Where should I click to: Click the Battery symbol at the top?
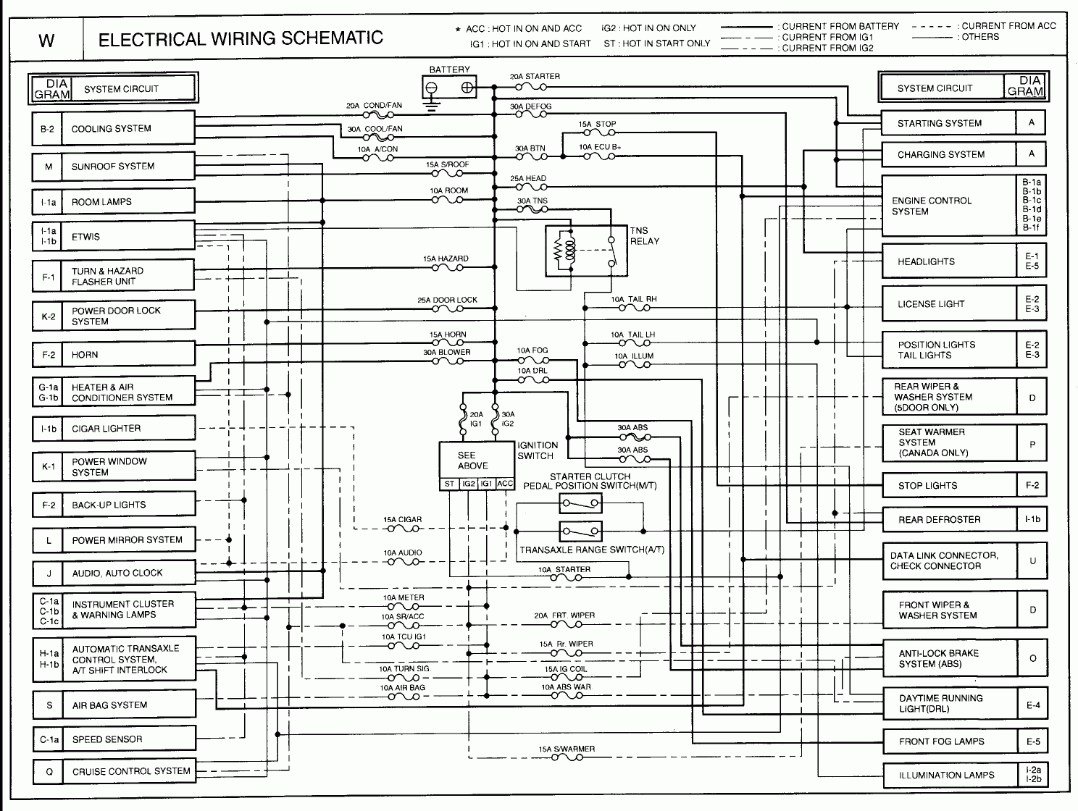pyautogui.click(x=449, y=88)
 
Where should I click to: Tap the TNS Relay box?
pyautogui.click(x=586, y=251)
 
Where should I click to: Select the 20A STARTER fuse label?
pyautogui.click(x=535, y=76)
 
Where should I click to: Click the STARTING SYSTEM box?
pyautogui.click(x=948, y=123)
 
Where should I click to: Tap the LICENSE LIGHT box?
pyautogui.click(x=948, y=304)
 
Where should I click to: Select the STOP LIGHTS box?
pyautogui.click(x=948, y=485)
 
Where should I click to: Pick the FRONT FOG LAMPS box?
pyautogui.click(x=948, y=741)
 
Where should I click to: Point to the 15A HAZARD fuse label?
pyautogui.click(x=446, y=259)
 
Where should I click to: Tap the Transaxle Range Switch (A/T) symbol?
pyautogui.click(x=580, y=531)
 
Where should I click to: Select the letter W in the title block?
pyautogui.click(x=46, y=40)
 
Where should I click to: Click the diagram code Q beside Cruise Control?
pyautogui.click(x=49, y=772)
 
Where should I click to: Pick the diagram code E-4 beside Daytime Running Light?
pyautogui.click(x=1032, y=705)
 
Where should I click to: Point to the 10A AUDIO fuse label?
pyautogui.click(x=403, y=552)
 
